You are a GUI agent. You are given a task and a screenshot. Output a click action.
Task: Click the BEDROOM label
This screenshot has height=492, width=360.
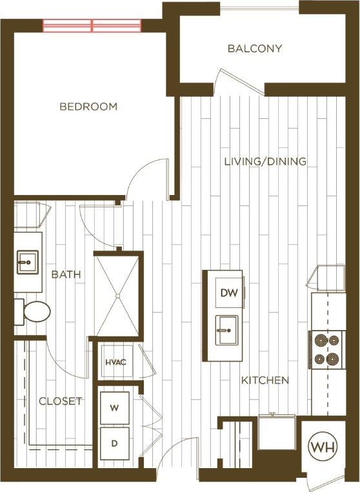click(x=88, y=107)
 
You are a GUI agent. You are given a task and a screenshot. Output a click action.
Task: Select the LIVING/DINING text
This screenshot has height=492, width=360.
click(x=265, y=161)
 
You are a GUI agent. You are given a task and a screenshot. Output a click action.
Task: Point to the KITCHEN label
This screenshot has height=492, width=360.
click(x=265, y=380)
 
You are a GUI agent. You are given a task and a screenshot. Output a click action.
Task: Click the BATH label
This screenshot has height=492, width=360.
click(x=66, y=274)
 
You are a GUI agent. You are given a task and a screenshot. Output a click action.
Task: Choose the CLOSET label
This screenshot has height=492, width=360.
click(x=60, y=401)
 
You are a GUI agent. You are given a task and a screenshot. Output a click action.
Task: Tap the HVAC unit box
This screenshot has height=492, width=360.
click(x=115, y=362)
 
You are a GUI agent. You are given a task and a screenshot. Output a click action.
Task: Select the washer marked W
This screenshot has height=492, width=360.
click(x=114, y=407)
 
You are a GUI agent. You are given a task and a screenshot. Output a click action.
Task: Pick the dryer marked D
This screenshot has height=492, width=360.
click(x=114, y=444)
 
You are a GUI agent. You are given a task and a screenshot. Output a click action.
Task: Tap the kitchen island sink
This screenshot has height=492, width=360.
click(x=224, y=330)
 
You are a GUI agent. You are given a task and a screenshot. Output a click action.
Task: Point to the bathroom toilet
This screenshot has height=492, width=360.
click(x=34, y=312)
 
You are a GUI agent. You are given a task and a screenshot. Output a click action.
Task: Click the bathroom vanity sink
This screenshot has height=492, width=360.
click(x=28, y=263)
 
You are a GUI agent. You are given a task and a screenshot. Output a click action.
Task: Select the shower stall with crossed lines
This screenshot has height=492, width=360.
click(x=117, y=296)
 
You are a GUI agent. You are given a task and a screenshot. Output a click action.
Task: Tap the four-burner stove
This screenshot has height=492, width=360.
click(x=326, y=349)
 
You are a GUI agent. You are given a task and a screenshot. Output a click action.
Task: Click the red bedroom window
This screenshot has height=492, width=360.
click(x=92, y=26)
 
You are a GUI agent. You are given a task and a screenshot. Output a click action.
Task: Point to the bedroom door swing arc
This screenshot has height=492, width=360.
click(x=145, y=179)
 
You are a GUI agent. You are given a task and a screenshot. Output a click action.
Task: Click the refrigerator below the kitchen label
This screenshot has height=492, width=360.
click(x=277, y=433)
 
